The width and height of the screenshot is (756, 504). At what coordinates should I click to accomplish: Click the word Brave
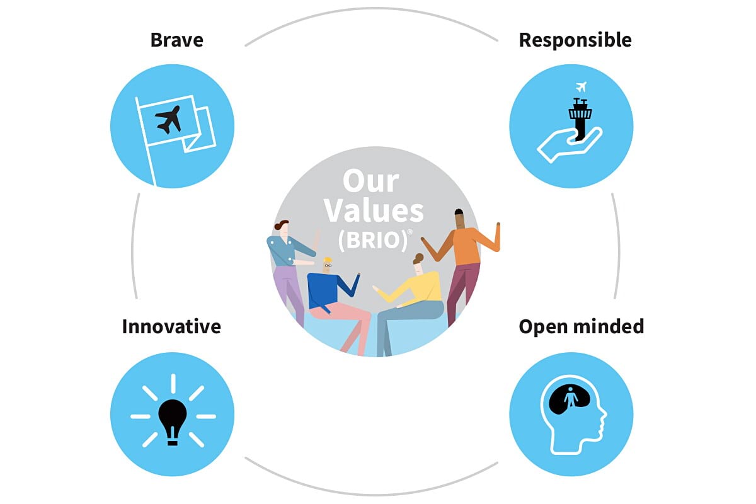(x=177, y=40)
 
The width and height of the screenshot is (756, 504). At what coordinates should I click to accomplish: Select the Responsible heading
(x=575, y=40)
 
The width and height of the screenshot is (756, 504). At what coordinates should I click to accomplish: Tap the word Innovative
(x=171, y=327)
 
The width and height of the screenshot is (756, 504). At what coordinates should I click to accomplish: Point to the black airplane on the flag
(x=168, y=120)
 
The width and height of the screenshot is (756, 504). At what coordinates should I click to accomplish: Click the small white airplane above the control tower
(x=581, y=87)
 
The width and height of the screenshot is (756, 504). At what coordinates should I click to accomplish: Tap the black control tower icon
(x=580, y=119)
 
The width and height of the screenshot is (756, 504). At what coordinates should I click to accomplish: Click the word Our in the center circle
(x=371, y=181)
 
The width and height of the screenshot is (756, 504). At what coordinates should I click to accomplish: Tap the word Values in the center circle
(x=374, y=210)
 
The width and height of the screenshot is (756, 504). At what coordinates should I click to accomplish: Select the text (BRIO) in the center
(x=373, y=240)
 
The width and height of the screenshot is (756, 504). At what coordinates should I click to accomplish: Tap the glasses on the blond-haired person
(x=328, y=266)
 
